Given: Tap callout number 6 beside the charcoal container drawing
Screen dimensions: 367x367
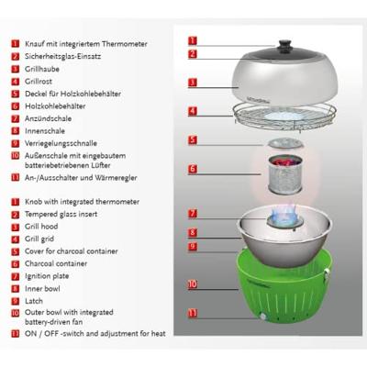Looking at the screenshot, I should tap(193, 169).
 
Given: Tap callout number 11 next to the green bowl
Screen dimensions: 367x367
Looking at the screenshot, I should tap(193, 313).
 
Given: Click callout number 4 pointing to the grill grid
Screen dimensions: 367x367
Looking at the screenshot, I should tap(193, 111).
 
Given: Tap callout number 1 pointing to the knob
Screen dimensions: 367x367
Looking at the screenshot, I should tap(193, 40).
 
